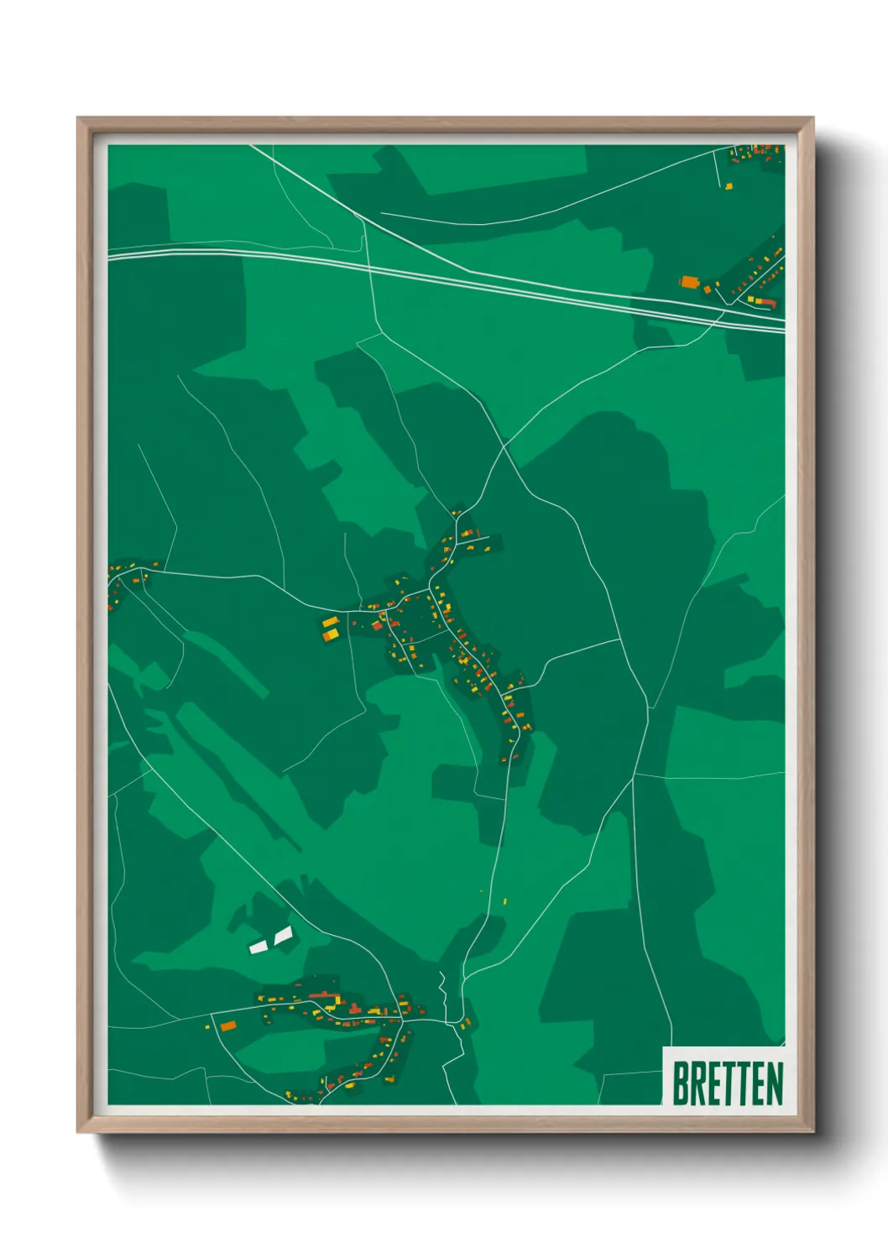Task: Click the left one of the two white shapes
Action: tap(258, 946)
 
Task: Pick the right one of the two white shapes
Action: tap(283, 934)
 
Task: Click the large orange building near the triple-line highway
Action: tap(690, 282)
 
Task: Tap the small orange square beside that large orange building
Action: tap(708, 289)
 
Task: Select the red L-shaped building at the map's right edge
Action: tap(766, 301)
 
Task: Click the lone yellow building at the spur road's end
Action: tap(729, 186)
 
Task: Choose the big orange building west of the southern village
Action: tap(227, 1025)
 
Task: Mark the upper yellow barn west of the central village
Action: tap(329, 622)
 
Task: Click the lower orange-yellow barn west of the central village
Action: tap(331, 634)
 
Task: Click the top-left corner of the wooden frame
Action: tap(79, 119)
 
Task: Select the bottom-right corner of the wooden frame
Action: tap(812, 1131)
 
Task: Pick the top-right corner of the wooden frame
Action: tap(812, 119)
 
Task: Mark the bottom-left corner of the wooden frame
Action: tap(79, 1131)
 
